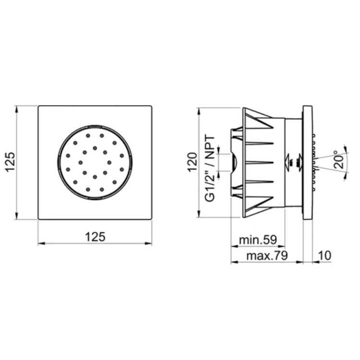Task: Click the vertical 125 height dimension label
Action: click(11, 162)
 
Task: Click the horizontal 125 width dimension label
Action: click(96, 237)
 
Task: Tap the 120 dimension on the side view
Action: click(192, 162)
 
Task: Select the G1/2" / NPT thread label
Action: click(210, 169)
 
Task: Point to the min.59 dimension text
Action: click(258, 240)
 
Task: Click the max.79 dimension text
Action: click(267, 255)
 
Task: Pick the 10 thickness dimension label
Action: click(324, 255)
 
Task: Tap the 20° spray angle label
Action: click(338, 159)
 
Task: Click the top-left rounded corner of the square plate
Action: click(39, 107)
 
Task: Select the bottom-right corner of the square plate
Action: click(151, 219)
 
